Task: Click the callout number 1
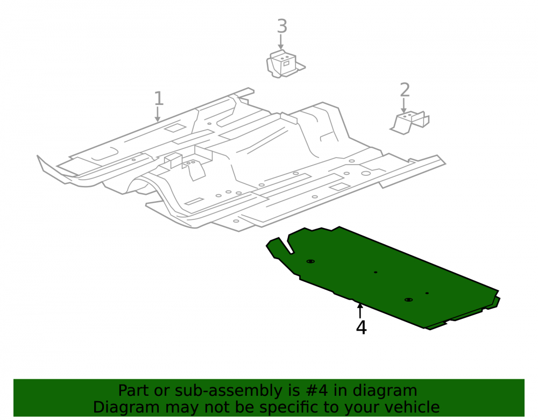(159, 98)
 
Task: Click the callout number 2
(405, 90)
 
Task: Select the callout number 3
(282, 26)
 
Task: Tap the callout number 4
(362, 328)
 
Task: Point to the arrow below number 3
(281, 42)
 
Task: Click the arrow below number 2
(404, 105)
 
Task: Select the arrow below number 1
(158, 114)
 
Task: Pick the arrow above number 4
(360, 311)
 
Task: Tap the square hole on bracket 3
(286, 63)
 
